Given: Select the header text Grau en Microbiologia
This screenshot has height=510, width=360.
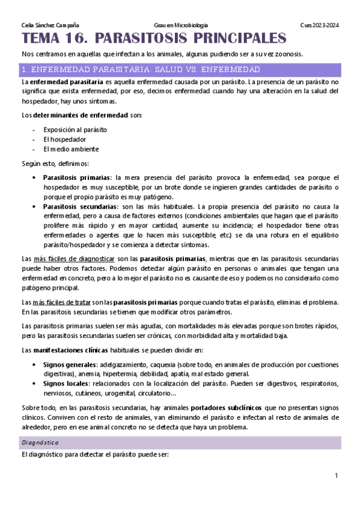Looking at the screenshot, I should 181,25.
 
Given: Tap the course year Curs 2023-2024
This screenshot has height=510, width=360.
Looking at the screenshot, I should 320,25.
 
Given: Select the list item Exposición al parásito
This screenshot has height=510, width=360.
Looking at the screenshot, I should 75,129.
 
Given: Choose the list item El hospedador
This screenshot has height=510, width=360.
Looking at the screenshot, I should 64,139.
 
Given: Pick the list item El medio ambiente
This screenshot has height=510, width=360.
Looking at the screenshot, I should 71,149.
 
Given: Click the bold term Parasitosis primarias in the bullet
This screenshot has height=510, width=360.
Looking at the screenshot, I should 77,177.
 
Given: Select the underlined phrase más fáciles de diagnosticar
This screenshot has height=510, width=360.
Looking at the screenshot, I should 82,259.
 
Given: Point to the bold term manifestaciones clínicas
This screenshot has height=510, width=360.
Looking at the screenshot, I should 67,349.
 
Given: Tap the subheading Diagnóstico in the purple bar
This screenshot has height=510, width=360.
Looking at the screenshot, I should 37,443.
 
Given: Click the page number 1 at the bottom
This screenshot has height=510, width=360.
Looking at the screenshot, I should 337,476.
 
